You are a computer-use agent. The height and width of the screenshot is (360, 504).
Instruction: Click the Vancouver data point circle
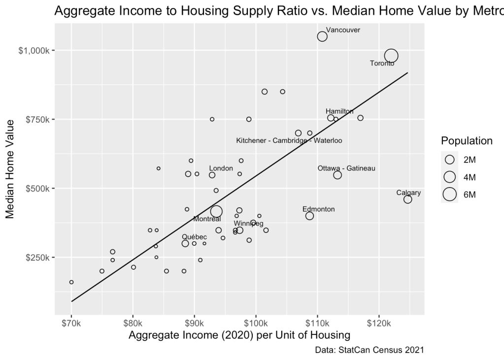[322, 36]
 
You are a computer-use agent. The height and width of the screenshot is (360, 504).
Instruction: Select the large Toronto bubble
[391, 56]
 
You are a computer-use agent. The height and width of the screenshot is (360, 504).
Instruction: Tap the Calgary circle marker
[407, 199]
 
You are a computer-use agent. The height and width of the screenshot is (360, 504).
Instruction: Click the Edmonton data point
[309, 216]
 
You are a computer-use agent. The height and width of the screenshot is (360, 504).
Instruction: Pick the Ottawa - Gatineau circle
[337, 175]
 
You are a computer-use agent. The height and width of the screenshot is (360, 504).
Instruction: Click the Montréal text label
[207, 219]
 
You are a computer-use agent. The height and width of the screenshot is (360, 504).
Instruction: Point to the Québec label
[194, 237]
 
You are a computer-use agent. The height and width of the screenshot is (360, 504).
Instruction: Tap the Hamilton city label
[339, 111]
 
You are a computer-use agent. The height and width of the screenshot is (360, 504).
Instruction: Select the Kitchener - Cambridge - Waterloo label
[289, 140]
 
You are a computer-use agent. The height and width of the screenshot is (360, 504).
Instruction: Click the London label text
[221, 168]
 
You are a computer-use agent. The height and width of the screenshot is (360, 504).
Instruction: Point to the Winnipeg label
[248, 224]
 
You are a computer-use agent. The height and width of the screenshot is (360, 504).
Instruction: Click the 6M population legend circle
[449, 195]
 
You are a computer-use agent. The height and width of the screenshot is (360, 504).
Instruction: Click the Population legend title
[467, 141]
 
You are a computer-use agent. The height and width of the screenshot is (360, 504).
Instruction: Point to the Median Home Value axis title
[10, 169]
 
